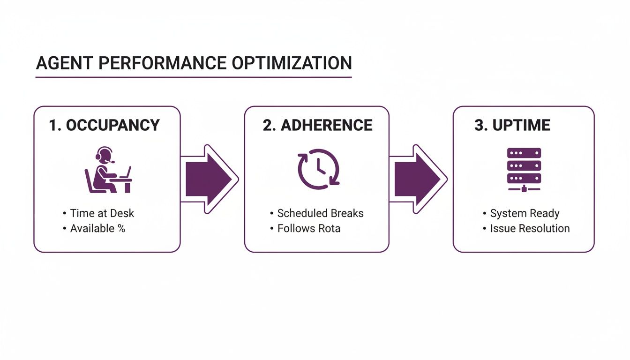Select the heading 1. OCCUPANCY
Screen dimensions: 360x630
104,125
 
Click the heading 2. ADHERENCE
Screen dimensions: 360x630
317,125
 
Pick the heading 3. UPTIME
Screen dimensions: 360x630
512,125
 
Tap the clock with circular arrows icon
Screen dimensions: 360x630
318,169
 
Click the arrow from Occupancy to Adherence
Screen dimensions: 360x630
210,179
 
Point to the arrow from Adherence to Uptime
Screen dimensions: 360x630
418,179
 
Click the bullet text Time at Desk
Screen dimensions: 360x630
102,213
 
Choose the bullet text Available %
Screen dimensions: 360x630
97,228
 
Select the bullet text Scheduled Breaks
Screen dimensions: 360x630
320,213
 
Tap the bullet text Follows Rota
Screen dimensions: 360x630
308,228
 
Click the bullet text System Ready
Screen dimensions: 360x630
525,213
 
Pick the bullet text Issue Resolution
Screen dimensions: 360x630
530,228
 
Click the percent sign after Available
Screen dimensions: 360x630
121,228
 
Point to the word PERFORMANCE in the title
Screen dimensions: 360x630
157,63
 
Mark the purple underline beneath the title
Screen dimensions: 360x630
194,77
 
